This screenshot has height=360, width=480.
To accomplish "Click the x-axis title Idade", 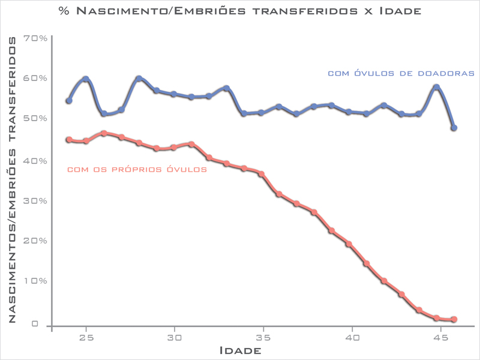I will click(x=240, y=350).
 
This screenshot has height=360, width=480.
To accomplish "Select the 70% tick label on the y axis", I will click(x=35, y=38).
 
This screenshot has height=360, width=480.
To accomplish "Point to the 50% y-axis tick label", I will click(x=35, y=118).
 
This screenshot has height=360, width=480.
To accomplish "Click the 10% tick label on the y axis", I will click(x=35, y=281).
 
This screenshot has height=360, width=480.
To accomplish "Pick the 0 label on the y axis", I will click(x=35, y=324).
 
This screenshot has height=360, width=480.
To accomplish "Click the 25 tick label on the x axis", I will click(x=86, y=337).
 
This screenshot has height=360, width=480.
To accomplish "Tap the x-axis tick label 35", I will click(x=261, y=337).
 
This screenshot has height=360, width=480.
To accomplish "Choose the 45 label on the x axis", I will click(x=439, y=337).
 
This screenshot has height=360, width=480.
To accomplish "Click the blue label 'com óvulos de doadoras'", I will click(x=401, y=73).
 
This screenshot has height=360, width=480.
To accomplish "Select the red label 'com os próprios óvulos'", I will click(x=137, y=170).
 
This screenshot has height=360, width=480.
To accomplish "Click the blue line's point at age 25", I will click(x=86, y=79).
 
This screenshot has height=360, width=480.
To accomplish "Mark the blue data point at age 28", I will click(x=139, y=79).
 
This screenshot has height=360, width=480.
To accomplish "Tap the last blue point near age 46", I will click(x=454, y=128).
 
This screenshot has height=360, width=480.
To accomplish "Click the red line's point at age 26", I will click(x=104, y=133).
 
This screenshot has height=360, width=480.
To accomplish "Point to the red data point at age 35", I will click(x=261, y=174).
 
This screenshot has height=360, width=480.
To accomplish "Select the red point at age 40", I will click(x=349, y=244).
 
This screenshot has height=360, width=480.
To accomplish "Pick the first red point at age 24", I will click(x=69, y=140).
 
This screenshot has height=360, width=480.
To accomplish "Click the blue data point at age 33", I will click(x=226, y=88).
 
